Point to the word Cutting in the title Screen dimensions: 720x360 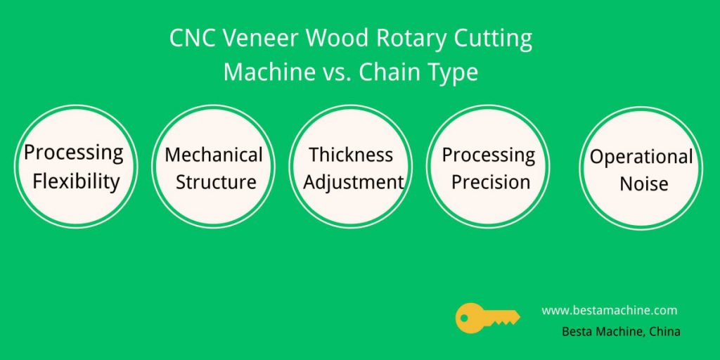493,39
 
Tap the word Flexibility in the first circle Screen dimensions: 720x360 76,182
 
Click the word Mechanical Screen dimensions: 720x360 214,155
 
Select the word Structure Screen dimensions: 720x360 216,182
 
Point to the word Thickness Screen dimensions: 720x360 351,155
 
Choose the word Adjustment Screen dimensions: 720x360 353,183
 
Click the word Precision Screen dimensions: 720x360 490,182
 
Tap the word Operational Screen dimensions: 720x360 641,157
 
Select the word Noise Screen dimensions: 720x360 644,185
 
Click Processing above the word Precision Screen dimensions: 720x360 489,155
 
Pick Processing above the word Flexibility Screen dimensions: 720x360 73,153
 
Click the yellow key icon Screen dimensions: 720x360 487,318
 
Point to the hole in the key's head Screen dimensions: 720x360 464,317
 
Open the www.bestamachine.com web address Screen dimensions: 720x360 610,310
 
